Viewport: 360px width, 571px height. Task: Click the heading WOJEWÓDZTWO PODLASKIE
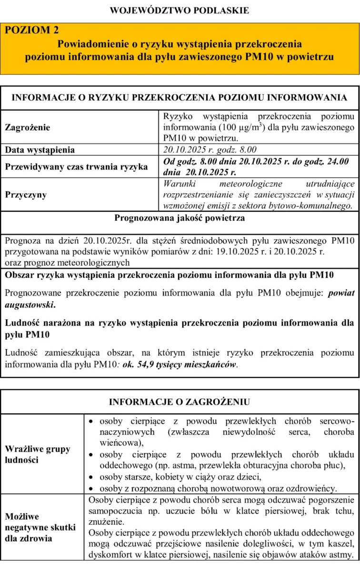tap(180, 10)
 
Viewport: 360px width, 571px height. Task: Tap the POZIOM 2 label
tap(32, 30)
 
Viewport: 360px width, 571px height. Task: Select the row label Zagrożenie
tap(27, 128)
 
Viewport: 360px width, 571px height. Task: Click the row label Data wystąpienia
tap(40, 150)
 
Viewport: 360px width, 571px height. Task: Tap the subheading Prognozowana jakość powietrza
tap(180, 218)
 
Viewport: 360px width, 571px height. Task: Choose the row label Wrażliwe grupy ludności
tap(38, 454)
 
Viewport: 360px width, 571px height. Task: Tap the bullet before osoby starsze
tap(93, 477)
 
